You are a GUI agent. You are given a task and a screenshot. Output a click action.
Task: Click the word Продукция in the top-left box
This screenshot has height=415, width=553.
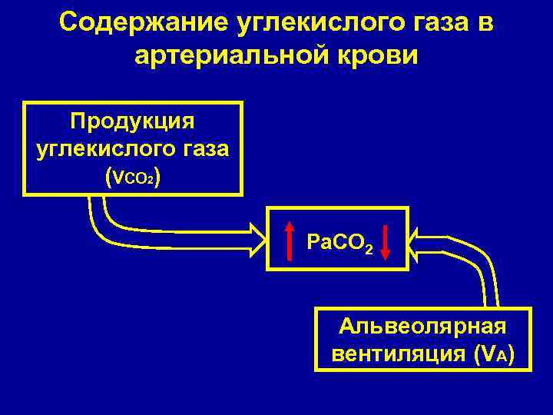[132, 121]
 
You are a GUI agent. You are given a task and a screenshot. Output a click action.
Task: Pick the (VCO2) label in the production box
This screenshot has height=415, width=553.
[132, 178]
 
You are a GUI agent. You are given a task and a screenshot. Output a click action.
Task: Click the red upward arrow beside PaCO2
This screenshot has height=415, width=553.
[290, 239]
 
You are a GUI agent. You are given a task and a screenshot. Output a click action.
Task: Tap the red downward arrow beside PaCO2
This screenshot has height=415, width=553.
[386, 240]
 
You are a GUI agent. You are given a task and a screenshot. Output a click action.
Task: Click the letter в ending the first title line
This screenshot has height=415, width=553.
[485, 22]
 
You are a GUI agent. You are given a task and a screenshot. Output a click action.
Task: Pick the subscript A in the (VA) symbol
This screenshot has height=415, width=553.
[499, 358]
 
